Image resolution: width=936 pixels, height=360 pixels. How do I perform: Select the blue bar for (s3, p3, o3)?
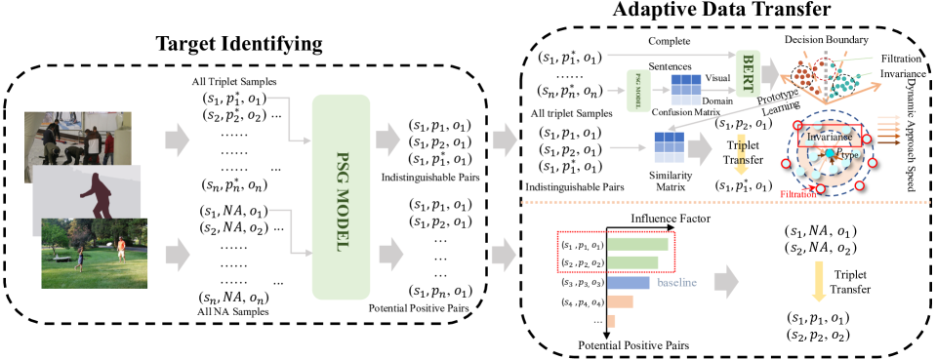coord(629,282)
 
